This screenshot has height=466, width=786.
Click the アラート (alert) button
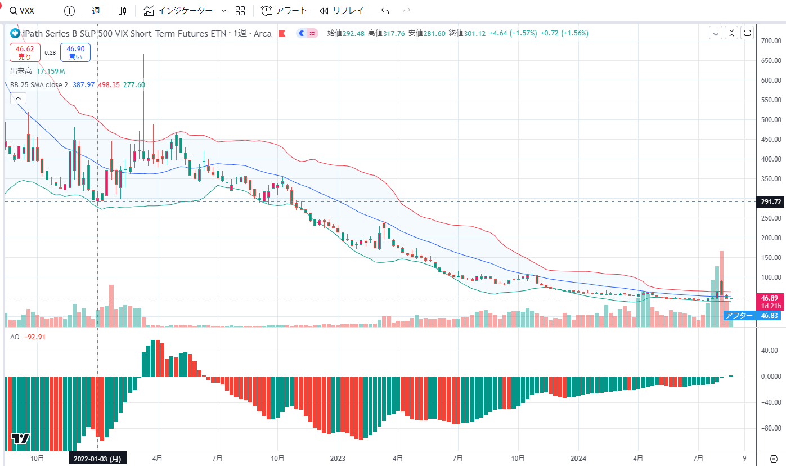point(285,11)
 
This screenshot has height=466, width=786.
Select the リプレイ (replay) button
point(342,11)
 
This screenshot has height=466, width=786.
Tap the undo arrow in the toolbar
point(385,11)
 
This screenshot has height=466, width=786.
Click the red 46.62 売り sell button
point(25,53)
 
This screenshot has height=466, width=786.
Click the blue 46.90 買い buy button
point(75,53)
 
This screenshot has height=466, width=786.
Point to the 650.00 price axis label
point(770,61)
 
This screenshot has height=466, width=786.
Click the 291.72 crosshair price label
point(770,201)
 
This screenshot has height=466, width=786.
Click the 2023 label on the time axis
point(338,459)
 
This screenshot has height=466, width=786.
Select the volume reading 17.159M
point(51,71)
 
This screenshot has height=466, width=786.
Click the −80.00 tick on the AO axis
point(770,429)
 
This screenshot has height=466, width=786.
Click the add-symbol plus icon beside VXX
point(69,11)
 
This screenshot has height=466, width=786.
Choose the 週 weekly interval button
point(96,11)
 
